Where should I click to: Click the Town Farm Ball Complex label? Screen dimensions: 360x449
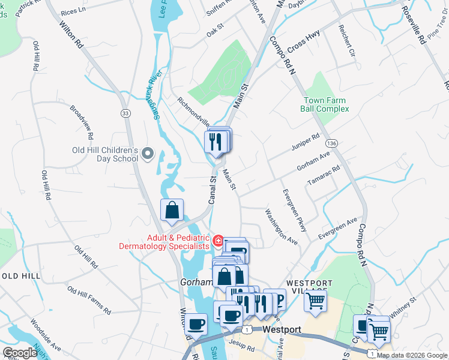[x=325, y=104]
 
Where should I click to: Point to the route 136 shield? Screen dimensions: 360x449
[x=331, y=143]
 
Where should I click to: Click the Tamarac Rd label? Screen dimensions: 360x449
[x=328, y=173]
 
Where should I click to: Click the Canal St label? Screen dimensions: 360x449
[x=212, y=190]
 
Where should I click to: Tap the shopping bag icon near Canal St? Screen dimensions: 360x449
[x=172, y=211]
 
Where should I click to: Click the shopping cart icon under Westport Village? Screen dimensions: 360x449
[x=316, y=301]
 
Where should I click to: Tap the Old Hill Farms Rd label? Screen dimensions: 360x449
[x=89, y=301]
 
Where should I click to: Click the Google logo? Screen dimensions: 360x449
[x=20, y=353]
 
